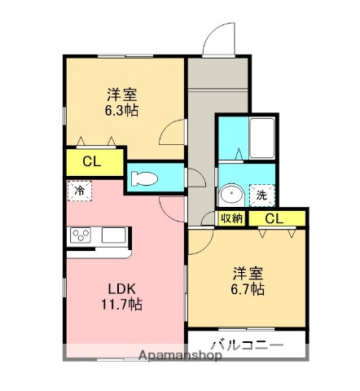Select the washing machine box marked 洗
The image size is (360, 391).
click(261, 195)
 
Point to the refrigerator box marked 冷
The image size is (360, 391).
click(80, 190)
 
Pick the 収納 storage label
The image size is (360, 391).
click(232, 218)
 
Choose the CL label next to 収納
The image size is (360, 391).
click(274, 218)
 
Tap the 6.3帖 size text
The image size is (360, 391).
click(121, 110)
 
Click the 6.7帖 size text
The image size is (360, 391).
click(245, 288)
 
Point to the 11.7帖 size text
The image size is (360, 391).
click(122, 305)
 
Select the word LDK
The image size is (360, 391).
click(121, 288)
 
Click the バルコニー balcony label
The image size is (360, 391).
click(247, 345)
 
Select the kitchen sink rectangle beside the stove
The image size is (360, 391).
click(112, 235)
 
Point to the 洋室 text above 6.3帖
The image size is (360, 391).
click(121, 93)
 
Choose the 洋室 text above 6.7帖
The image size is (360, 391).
click(245, 272)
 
